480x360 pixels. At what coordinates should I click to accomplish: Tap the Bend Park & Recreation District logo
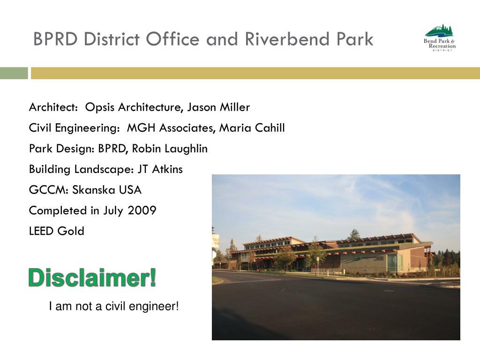(439, 38)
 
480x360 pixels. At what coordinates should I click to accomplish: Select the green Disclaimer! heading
(92, 278)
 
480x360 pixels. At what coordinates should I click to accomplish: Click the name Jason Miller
(218, 107)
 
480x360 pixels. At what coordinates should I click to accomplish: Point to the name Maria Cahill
(259, 128)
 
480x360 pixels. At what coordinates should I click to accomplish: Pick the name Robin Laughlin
(170, 149)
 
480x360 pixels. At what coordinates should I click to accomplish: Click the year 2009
(143, 210)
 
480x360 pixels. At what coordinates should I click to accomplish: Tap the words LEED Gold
(57, 231)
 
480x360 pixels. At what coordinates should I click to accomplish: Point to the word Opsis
(100, 107)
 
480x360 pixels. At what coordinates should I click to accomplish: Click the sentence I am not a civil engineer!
(114, 307)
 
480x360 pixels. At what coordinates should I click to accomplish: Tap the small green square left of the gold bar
(14, 73)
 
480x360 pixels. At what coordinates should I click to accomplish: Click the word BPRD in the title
(55, 39)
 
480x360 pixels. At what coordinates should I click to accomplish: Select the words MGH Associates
(170, 128)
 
